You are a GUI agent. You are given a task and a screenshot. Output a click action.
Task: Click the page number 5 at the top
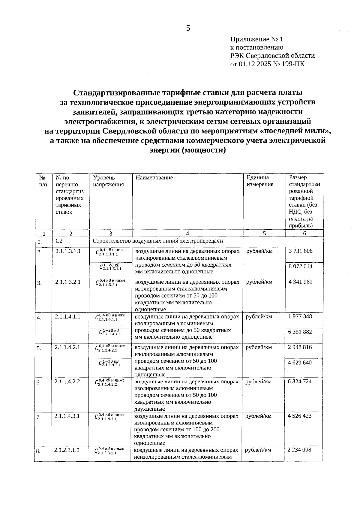[188, 29]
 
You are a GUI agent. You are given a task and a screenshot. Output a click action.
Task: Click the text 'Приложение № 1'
[256, 39]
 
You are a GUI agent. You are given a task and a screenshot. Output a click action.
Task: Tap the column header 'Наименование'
[154, 178]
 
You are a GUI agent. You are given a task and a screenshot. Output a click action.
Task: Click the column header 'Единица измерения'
[260, 181]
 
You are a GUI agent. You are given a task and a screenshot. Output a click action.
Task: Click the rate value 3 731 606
[300, 251]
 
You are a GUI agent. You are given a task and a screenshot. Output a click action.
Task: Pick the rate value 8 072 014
[300, 266]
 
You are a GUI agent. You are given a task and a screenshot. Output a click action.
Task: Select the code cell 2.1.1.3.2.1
[68, 282]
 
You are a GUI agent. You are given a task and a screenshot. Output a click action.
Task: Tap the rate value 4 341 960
[300, 282]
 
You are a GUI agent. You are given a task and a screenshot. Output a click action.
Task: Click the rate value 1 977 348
[300, 316]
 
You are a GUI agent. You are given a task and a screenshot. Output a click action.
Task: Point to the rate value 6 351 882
[300, 332]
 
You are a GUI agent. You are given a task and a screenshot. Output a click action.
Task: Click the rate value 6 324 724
[300, 382]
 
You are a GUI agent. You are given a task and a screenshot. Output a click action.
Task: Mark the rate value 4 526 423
[299, 416]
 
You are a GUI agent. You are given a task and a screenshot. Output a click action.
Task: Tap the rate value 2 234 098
[299, 450]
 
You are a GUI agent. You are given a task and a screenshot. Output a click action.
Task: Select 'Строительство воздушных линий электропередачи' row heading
[158, 241]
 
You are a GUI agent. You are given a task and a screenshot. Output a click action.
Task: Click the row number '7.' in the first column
[38, 417]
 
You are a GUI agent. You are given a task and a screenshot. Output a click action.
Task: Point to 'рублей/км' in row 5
[259, 347]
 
